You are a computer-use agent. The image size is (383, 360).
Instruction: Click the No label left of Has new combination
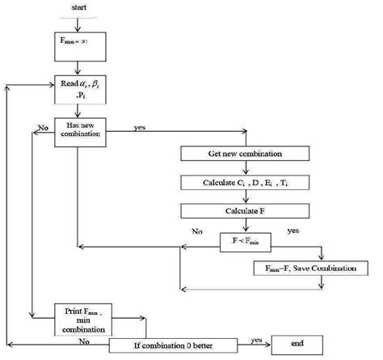coord(41,126)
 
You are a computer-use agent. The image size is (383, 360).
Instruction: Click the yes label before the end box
coord(256,339)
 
